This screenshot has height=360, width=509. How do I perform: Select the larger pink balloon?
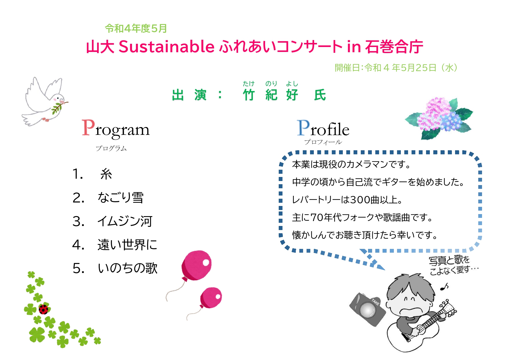coord(196,265)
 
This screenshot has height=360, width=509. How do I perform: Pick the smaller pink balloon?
coord(211,298)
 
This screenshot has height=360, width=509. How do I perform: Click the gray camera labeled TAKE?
coord(367,309)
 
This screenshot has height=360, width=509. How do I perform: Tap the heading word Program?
coord(115,129)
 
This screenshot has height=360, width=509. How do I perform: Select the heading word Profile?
coord(323,129)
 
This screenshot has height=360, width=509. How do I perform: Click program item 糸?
coord(106,174)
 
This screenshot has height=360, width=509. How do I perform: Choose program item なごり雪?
coord(121,198)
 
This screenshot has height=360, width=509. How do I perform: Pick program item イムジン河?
coord(125,221)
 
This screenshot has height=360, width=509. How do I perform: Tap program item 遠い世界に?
coord(127,245)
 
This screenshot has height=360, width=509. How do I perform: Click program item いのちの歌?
coord(128,268)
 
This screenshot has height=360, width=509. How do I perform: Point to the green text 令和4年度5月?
coord(136,28)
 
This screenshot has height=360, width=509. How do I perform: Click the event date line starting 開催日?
coord(396,68)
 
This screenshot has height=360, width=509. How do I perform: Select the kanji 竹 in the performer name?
coord(249,95)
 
